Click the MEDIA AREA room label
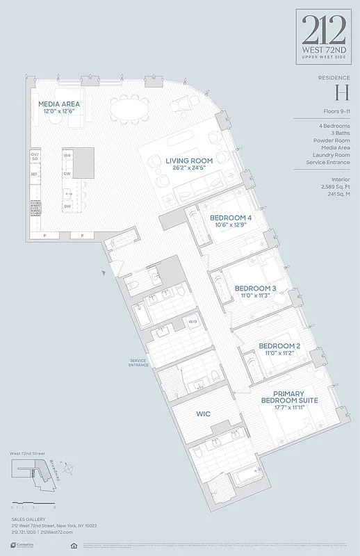coord(58,104)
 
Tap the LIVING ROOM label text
coord(188,161)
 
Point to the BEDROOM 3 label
coord(255,288)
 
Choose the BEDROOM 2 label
coord(279,345)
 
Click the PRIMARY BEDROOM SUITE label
coord(289,397)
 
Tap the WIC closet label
coord(203,414)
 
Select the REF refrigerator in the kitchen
coord(34,174)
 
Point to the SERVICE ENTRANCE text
coord(139,363)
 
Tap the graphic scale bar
coord(33,502)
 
